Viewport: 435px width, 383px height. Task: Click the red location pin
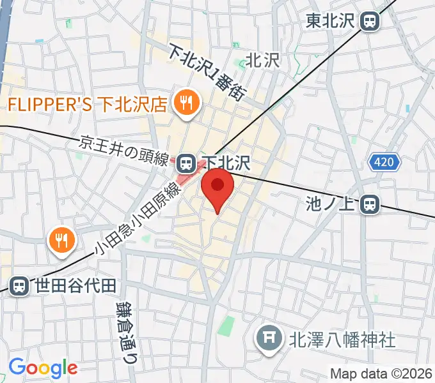[217, 187]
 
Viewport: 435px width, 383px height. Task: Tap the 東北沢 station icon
[369, 22]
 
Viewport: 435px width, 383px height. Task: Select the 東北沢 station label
[331, 22]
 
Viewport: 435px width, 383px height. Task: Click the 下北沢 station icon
[186, 163]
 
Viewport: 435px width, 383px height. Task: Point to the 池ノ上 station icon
[369, 204]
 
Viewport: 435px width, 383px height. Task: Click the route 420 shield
[384, 162]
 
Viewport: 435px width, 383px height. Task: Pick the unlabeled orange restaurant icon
[62, 240]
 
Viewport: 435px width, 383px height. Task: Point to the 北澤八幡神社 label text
[343, 338]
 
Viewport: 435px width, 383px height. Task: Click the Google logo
[43, 368]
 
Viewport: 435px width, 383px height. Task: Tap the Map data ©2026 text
[381, 373]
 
